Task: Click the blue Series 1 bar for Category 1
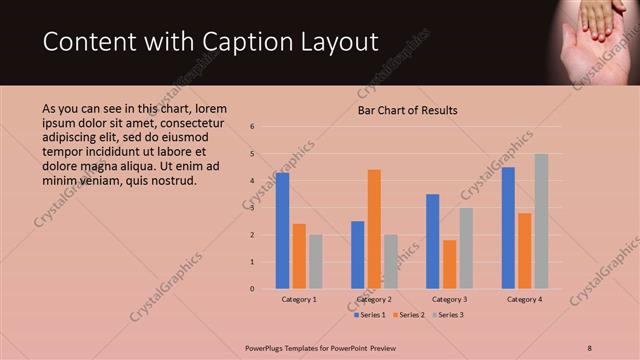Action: pyautogui.click(x=283, y=230)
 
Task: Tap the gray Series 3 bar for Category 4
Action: pyautogui.click(x=541, y=221)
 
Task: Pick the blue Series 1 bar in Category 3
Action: pyautogui.click(x=433, y=241)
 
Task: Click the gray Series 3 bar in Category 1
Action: pyautogui.click(x=316, y=261)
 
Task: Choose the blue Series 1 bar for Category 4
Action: pyautogui.click(x=508, y=227)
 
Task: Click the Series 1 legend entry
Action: pyautogui.click(x=370, y=315)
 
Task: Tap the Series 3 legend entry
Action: pyautogui.click(x=448, y=315)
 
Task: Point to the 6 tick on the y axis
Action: pyautogui.click(x=253, y=127)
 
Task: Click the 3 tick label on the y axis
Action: pyautogui.click(x=253, y=208)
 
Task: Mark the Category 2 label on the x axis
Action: pyautogui.click(x=374, y=299)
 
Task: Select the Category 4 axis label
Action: pyautogui.click(x=525, y=299)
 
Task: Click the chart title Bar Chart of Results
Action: pyautogui.click(x=408, y=110)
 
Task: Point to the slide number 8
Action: pyautogui.click(x=590, y=347)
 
